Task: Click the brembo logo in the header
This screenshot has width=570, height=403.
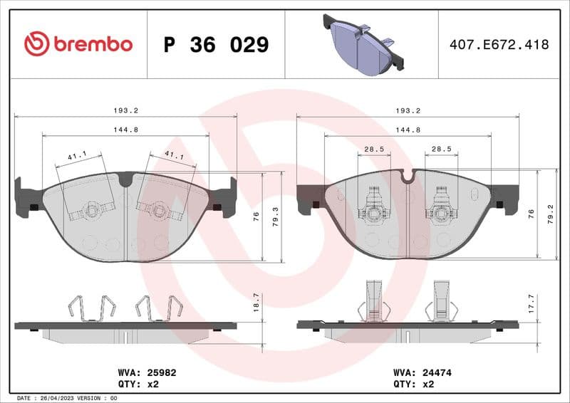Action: pos(78,44)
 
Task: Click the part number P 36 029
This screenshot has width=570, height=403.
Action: pos(216,45)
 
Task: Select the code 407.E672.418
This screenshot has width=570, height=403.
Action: pos(499,45)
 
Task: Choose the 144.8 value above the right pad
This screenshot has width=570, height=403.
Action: pos(408,130)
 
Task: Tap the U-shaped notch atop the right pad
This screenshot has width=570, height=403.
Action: pos(408,175)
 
